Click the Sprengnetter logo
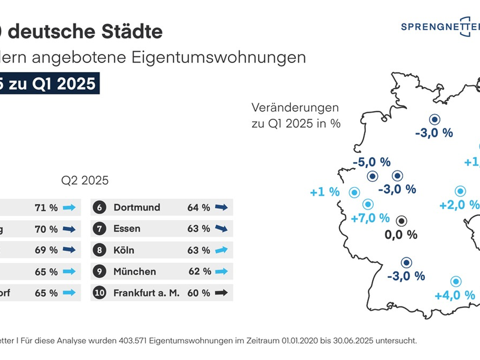coord(441,27)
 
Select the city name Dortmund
coord(137,208)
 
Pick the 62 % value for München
coord(199,272)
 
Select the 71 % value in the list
coord(46,208)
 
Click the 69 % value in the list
coord(46,250)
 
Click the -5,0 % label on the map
coord(371,162)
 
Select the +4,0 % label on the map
coord(454,295)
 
